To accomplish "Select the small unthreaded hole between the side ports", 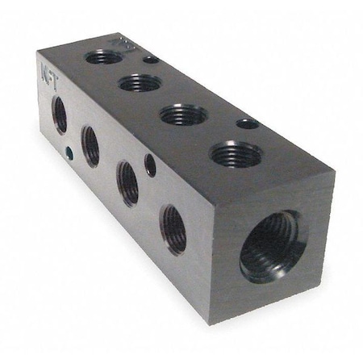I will [x=150, y=165].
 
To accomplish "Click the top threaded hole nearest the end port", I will [x=235, y=153].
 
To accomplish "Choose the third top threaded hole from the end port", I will [x=140, y=82].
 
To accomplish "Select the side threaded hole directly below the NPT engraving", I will [x=60, y=115].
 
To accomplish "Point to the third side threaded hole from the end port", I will [x=91, y=145].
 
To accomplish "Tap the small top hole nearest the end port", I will [x=248, y=123].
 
